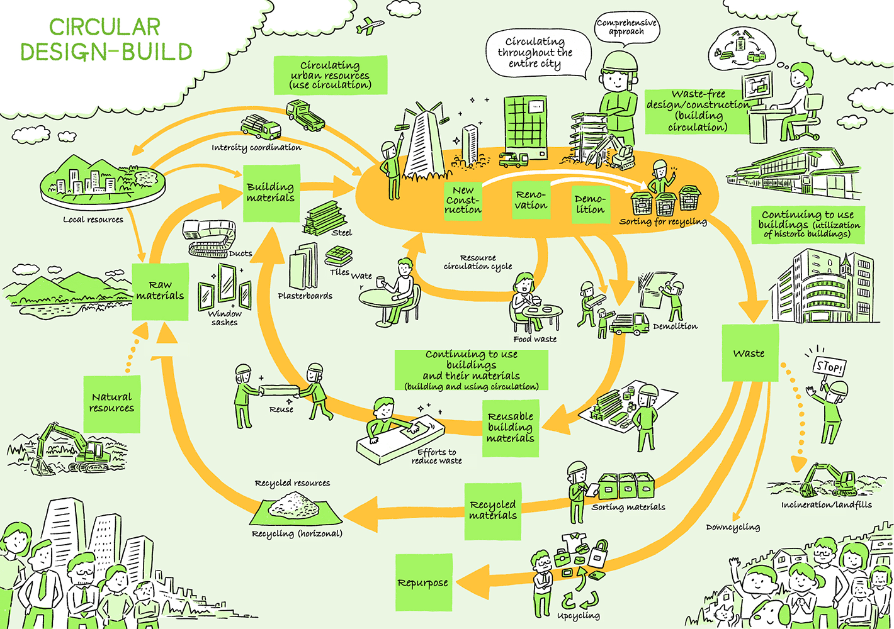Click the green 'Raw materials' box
160,291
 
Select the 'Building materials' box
271,192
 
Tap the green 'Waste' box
749,353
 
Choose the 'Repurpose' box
423,582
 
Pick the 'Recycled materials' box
493,511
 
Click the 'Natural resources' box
111,403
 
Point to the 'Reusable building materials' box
511,428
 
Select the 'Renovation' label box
531,201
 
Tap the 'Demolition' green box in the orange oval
590,204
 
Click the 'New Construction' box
463,201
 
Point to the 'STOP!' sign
829,365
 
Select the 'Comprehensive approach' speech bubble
626,27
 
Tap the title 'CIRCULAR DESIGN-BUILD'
106,39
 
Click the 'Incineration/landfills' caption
826,504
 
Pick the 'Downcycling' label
732,527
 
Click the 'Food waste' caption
535,339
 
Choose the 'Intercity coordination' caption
256,148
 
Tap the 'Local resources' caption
93,220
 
